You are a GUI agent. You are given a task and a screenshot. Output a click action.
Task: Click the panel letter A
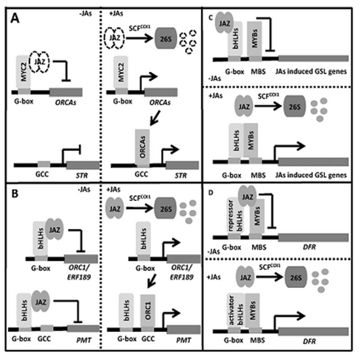(15, 18)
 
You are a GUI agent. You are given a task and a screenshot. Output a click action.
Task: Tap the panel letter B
(15, 194)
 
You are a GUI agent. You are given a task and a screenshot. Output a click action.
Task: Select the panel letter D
(211, 192)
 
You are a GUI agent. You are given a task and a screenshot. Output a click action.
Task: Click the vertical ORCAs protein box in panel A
(142, 147)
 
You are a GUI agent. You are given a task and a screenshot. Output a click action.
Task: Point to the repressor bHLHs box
(235, 215)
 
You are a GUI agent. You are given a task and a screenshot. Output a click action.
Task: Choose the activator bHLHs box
(236, 310)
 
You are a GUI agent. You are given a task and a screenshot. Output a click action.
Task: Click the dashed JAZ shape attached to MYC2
(39, 62)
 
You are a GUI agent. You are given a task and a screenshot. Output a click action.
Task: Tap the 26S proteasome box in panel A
(166, 39)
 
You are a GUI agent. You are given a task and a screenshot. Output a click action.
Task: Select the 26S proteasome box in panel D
(295, 278)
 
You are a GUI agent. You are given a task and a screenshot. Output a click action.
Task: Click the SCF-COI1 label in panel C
(268, 96)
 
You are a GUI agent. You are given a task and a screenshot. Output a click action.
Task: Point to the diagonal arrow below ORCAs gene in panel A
(154, 118)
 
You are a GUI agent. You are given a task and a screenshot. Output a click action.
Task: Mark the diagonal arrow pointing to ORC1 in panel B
(152, 281)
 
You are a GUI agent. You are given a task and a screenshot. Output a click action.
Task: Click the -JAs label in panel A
(85, 14)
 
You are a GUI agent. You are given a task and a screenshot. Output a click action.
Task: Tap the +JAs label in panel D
(214, 277)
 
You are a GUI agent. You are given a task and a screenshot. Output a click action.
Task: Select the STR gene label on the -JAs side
(82, 175)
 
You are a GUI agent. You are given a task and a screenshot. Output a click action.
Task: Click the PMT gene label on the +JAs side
(184, 340)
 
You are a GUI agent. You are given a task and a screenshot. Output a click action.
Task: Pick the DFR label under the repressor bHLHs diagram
(310, 247)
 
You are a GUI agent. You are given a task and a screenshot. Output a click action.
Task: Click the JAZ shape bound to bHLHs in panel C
(224, 23)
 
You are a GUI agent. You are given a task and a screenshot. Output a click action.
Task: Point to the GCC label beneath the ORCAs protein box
(141, 174)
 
